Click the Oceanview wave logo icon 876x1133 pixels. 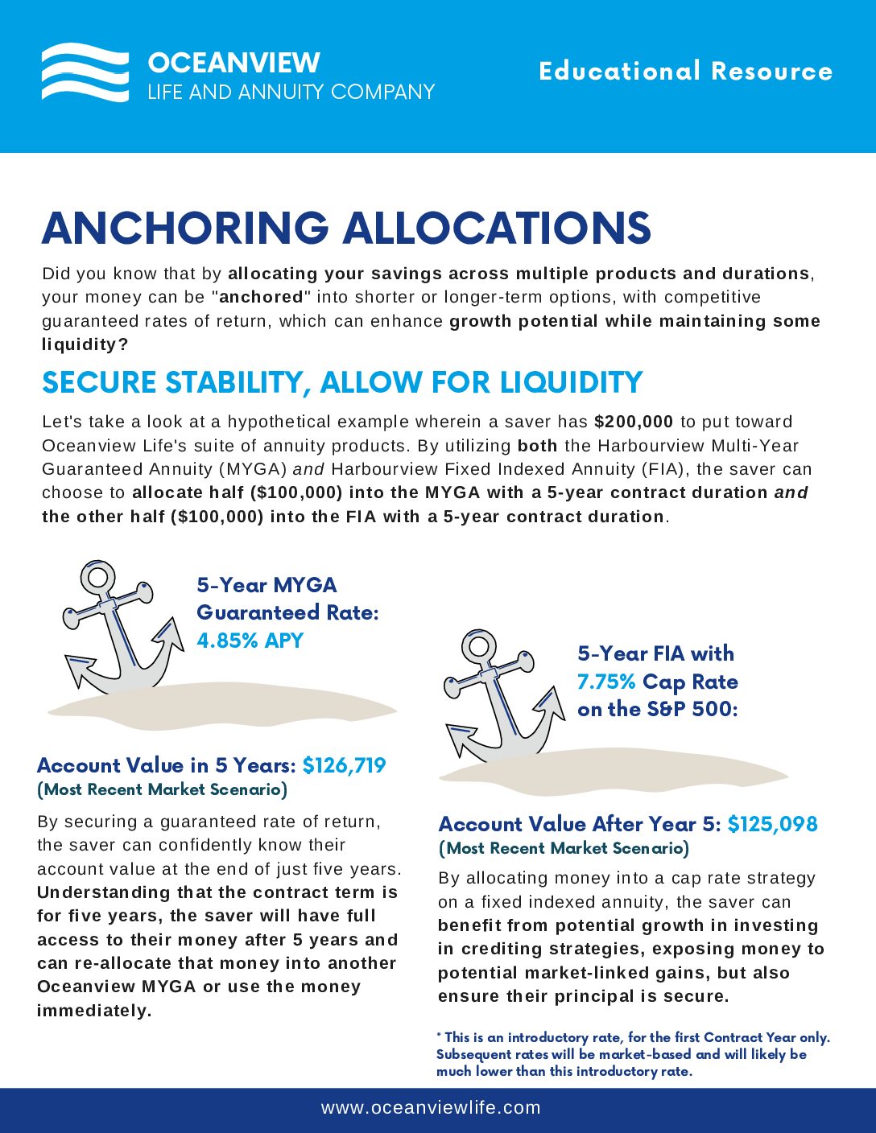pyautogui.click(x=85, y=72)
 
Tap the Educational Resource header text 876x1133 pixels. pyautogui.click(x=685, y=71)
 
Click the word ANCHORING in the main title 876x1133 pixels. pyautogui.click(x=185, y=228)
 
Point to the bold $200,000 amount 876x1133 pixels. pyautogui.click(x=634, y=422)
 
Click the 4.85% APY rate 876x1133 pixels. pyautogui.click(x=250, y=641)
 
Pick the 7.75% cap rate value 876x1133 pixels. pyautogui.click(x=606, y=682)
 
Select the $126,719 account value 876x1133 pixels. pyautogui.click(x=345, y=764)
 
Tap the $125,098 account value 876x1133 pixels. pyautogui.click(x=772, y=824)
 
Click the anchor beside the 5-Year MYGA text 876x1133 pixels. pyautogui.click(x=121, y=632)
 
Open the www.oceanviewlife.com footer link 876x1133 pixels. pyautogui.click(x=431, y=1108)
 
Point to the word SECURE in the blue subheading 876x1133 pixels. pyautogui.click(x=91, y=382)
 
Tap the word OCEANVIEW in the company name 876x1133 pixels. pyautogui.click(x=233, y=63)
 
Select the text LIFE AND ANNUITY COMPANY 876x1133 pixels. pyautogui.click(x=291, y=92)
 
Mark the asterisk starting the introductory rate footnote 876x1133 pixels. pyautogui.click(x=439, y=1036)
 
